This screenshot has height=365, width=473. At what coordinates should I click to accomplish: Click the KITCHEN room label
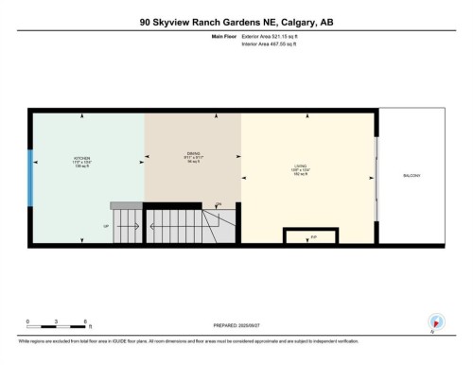[x=83, y=158]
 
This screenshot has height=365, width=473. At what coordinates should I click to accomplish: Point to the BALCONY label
[x=411, y=177]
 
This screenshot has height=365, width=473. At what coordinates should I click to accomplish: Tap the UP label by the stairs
[x=106, y=226]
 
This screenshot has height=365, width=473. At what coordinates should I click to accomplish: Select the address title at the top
[x=236, y=21]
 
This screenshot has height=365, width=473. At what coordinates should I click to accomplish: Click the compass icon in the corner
[x=435, y=322]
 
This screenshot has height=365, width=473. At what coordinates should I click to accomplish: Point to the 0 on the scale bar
[x=27, y=321]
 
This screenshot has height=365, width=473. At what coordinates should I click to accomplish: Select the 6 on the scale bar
[x=87, y=321]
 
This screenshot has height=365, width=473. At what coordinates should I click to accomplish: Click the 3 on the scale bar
[x=57, y=321]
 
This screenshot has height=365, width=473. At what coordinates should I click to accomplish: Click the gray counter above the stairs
[x=126, y=205]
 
